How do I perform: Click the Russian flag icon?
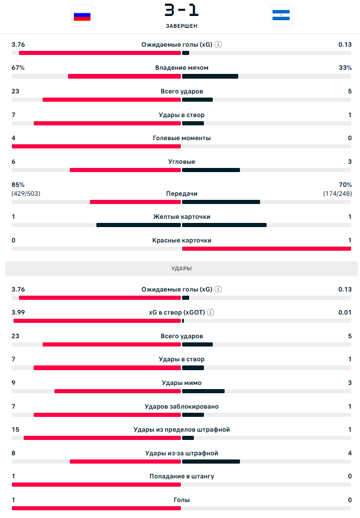[82, 16]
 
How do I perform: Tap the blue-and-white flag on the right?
[281, 16]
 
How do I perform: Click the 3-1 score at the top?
[181, 11]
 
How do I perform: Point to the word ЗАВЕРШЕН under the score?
[181, 26]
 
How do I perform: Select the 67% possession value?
[18, 67]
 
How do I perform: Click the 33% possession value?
[345, 67]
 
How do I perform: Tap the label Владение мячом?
[181, 67]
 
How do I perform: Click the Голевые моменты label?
[181, 138]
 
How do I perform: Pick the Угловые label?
[181, 161]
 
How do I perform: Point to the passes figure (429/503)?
[25, 193]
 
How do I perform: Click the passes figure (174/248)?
[337, 193]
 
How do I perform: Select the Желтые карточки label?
[181, 216]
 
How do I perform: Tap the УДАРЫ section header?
[181, 268]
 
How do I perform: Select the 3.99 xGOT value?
[18, 312]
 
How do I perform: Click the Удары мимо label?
[181, 383]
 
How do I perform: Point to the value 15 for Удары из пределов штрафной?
[15, 429]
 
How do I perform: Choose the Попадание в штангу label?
[181, 476]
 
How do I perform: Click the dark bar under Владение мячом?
[210, 76]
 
